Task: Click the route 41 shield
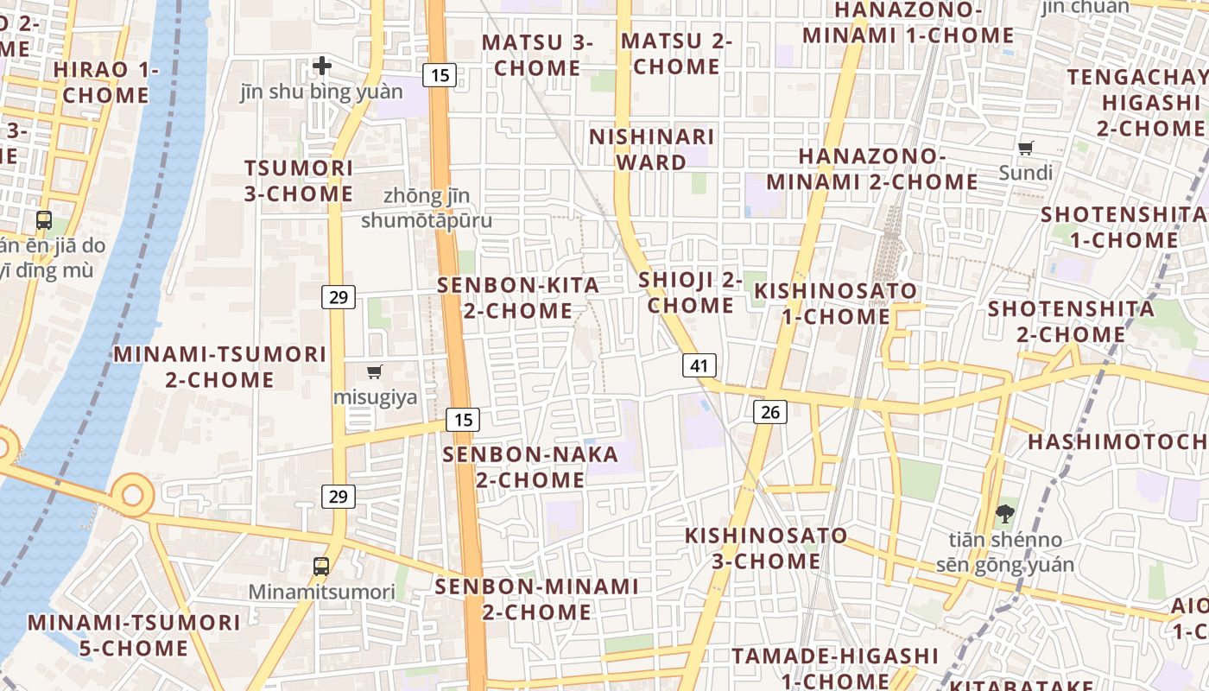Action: point(699,365)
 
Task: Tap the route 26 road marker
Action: point(770,412)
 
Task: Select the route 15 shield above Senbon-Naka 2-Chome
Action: point(464,420)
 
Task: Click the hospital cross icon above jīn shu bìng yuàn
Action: point(322,66)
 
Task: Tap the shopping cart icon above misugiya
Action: point(375,372)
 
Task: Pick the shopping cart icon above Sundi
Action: point(1026,149)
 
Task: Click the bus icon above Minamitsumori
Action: point(321,567)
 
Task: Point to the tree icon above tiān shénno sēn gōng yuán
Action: point(1004,515)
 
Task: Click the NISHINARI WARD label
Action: point(652,149)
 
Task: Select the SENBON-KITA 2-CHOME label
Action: point(518,297)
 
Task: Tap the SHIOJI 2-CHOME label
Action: point(691,292)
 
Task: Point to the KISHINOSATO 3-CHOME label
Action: point(766,548)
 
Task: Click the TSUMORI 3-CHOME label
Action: point(299,181)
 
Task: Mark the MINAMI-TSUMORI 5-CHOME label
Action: point(134,635)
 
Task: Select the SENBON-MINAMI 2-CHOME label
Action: point(536,599)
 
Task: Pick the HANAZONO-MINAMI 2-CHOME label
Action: point(872,168)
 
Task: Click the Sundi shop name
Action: point(1026,173)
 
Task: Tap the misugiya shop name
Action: point(376,397)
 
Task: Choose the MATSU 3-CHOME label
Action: point(537,54)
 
